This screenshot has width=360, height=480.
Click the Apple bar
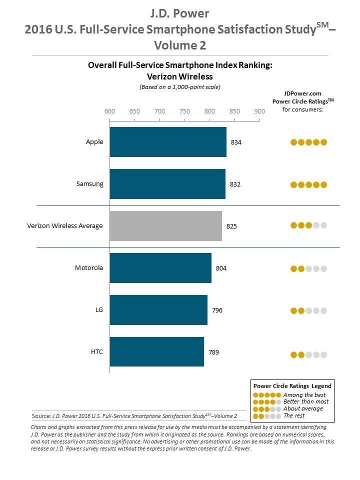coord(168,142)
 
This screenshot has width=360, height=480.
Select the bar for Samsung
coord(167,184)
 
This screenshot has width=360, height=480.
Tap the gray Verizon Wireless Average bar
coord(165,226)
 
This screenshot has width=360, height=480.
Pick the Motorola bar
coord(160,268)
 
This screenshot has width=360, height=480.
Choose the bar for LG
coord(158,310)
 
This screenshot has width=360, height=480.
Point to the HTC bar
coord(156,352)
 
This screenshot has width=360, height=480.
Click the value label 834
coord(236,142)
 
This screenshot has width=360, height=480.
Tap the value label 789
coord(213,352)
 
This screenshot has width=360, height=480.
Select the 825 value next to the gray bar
coord(231,226)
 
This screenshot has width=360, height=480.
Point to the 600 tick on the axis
coord(109,111)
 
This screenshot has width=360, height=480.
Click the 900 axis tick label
coord(259,111)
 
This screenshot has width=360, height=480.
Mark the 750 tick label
coord(184,111)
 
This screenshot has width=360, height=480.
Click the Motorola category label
coord(89,268)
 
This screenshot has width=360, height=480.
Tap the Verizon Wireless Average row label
coord(65,226)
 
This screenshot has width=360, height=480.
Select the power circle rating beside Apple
coord(308,142)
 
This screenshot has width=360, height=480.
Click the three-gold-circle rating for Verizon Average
coord(308,225)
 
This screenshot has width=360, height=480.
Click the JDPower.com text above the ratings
coord(303,93)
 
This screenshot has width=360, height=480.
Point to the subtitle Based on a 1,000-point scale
coord(179,86)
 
